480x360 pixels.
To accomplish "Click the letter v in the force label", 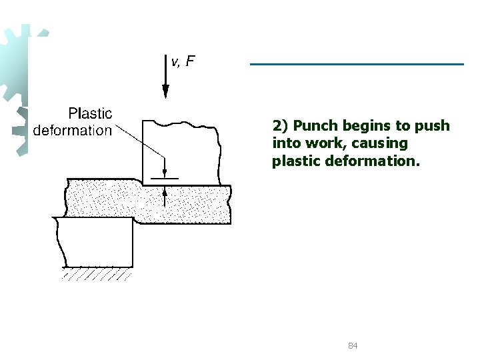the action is (175, 63).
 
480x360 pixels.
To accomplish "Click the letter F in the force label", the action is (191, 61).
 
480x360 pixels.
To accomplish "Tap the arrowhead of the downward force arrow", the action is (165, 91).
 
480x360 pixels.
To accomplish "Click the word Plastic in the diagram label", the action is (90, 114).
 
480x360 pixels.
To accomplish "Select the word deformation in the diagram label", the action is (73, 130).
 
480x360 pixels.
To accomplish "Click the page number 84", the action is (353, 346).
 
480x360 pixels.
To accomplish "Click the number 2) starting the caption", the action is (281, 126).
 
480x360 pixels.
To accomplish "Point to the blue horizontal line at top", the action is (357, 64).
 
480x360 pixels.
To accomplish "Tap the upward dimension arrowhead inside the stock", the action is (165, 192).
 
